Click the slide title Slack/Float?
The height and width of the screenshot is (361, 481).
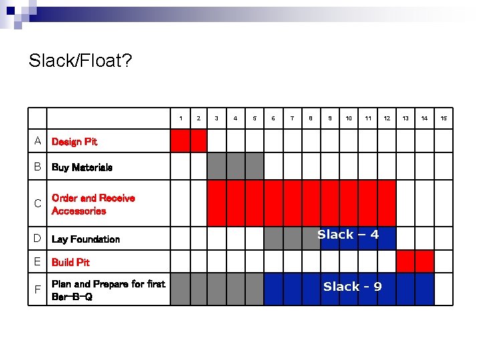tap(80, 62)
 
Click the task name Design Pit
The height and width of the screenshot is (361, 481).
tap(74, 142)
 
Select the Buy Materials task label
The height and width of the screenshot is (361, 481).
tap(82, 167)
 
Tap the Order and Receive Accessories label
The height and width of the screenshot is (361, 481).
tap(93, 205)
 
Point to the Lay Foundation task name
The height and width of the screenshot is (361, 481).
tap(86, 239)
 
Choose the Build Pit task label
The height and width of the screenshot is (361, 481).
tap(70, 262)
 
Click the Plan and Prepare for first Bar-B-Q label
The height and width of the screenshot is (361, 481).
tap(108, 290)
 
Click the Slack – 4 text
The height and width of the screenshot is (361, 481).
tap(348, 235)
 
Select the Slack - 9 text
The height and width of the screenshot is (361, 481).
tap(352, 287)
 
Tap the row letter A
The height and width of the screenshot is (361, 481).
tap(38, 141)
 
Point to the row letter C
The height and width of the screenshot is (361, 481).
tap(38, 203)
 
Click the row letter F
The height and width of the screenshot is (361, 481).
tap(38, 289)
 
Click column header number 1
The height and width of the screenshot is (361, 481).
tap(180, 118)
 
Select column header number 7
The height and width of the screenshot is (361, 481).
tap(292, 118)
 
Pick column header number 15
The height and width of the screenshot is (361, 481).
tap(443, 118)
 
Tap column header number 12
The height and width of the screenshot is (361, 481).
tap(387, 118)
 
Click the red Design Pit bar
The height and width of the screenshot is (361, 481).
tap(189, 140)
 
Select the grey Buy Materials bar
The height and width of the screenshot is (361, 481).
tap(236, 166)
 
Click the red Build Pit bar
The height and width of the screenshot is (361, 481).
tap(415, 261)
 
